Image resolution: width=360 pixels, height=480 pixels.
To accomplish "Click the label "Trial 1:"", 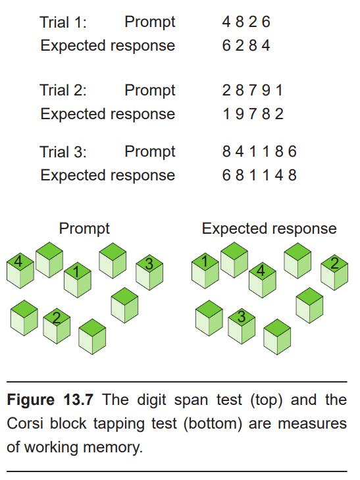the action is pyautogui.click(x=63, y=22).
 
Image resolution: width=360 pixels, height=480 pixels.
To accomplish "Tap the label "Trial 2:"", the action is pyautogui.click(x=63, y=90).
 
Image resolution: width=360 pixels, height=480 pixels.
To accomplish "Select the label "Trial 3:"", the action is pyautogui.click(x=63, y=152).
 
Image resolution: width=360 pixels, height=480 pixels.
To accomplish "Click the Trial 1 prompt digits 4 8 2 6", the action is pyautogui.click(x=246, y=22).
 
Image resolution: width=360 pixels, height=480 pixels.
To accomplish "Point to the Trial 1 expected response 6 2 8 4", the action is pyautogui.click(x=246, y=45).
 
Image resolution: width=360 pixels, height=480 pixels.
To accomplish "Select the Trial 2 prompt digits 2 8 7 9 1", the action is pyautogui.click(x=253, y=90).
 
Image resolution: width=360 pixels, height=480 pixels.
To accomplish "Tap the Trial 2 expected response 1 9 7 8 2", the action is pyautogui.click(x=253, y=114).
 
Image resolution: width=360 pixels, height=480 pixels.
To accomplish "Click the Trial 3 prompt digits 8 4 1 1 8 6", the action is pyautogui.click(x=259, y=152).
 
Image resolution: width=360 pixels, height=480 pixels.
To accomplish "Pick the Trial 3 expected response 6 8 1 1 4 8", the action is pyautogui.click(x=259, y=175).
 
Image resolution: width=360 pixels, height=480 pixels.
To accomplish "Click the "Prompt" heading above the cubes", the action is pyautogui.click(x=84, y=229).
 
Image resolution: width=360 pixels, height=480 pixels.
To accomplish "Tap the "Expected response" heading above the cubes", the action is pyautogui.click(x=269, y=229).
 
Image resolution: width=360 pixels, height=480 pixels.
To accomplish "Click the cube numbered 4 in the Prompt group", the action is pyautogui.click(x=20, y=271).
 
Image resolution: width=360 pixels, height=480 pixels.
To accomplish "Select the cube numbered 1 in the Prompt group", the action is pyautogui.click(x=78, y=280).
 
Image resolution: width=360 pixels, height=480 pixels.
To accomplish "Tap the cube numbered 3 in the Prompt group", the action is pyautogui.click(x=149, y=273).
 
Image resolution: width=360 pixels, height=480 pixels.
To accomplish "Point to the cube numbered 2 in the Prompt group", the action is pyautogui.click(x=57, y=326).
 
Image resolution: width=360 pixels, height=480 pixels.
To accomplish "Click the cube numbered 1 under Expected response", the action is pyautogui.click(x=205, y=271).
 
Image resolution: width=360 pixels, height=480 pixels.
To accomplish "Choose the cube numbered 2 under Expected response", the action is pyautogui.click(x=334, y=273).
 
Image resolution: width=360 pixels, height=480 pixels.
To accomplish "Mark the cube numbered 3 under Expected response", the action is pyautogui.click(x=242, y=326).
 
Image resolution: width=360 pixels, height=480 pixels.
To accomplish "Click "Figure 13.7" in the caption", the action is pyautogui.click(x=50, y=400).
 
